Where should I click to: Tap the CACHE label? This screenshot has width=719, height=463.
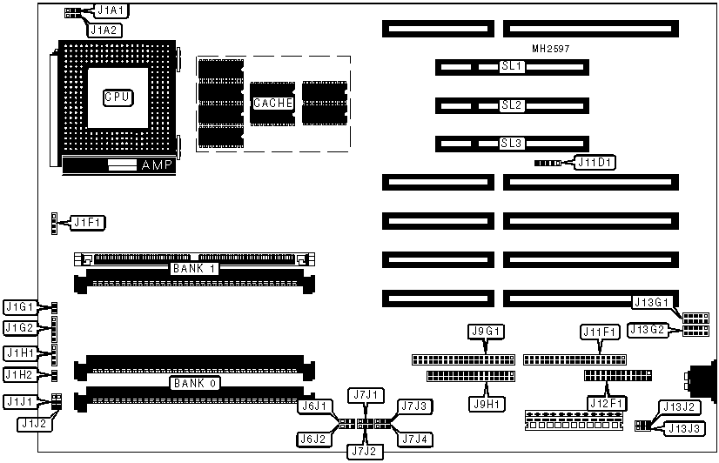[x=272, y=103]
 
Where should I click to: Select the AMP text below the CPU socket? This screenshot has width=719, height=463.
[x=157, y=164]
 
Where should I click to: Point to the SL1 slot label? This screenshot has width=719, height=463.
[x=512, y=66]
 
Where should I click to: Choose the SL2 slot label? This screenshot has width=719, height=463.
[x=512, y=105]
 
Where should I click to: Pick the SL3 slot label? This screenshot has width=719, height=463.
[x=512, y=143]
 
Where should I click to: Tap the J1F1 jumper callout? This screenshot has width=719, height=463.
[x=88, y=223]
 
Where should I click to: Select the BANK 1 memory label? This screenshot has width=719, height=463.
[x=193, y=268]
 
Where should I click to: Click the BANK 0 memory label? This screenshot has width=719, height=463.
[x=189, y=382]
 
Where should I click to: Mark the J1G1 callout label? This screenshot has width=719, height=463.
[x=19, y=307]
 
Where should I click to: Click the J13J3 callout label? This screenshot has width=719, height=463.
[x=685, y=427]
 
